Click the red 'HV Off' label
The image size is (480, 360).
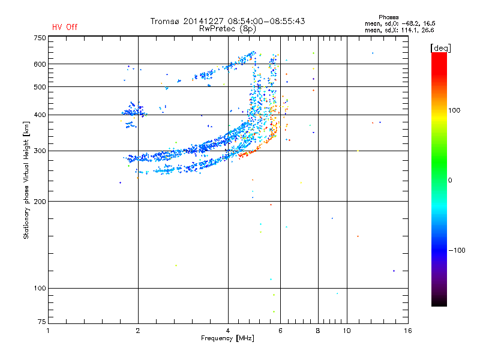[65, 27]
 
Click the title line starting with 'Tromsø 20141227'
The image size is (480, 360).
[228, 21]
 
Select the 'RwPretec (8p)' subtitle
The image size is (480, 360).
[228, 28]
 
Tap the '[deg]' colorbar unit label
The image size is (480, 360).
[440, 47]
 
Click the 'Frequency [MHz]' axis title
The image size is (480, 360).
[227, 338]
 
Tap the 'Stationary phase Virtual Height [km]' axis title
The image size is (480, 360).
[26, 181]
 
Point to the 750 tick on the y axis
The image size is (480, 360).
[39, 38]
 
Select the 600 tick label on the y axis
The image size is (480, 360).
[39, 64]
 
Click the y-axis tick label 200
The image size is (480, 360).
[39, 202]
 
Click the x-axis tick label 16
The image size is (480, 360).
[407, 331]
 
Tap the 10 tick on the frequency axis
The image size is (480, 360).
[346, 331]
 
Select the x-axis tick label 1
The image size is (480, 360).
[48, 331]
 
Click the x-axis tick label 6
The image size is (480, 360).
[280, 331]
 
